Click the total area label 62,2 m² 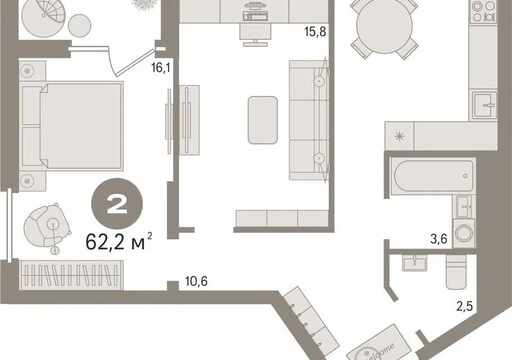click(119, 241)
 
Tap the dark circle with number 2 click(117, 204)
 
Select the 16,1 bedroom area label click(161, 67)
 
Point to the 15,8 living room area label click(315, 31)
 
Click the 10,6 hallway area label click(196, 281)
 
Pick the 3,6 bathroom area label click(438, 239)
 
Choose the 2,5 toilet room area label click(464, 306)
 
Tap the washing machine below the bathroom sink click(464, 233)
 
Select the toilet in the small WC click(456, 272)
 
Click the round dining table click(384, 26)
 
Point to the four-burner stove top click(483, 12)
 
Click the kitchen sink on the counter click(485, 105)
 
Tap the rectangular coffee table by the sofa click(262, 120)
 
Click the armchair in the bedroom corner click(47, 226)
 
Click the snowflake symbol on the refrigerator click(400, 136)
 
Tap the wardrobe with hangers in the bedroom click(71, 275)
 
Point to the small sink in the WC click(414, 263)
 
